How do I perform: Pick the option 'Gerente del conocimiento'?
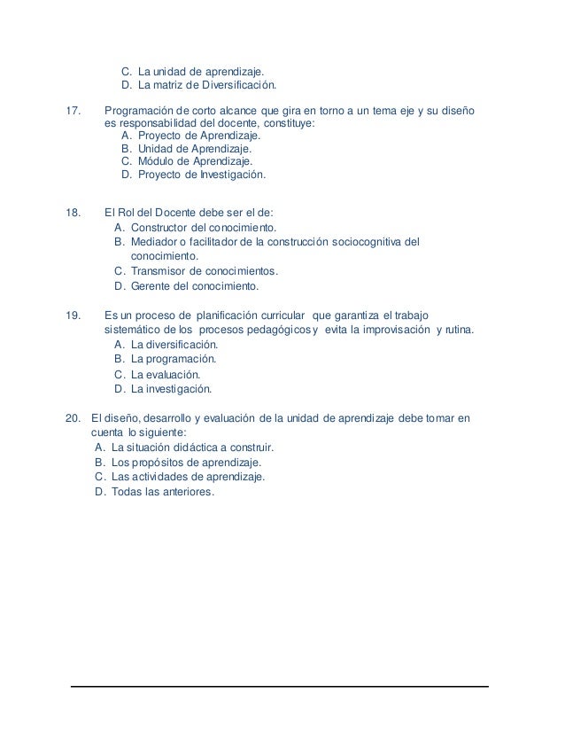click(194, 286)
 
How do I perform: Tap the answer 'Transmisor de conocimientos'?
click(204, 270)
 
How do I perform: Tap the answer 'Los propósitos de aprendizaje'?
click(186, 462)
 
